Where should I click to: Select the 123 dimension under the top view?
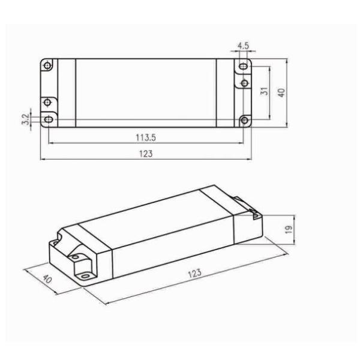[x=146, y=154]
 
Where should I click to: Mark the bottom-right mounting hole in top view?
[x=243, y=120]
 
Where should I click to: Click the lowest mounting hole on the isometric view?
[x=84, y=275]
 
